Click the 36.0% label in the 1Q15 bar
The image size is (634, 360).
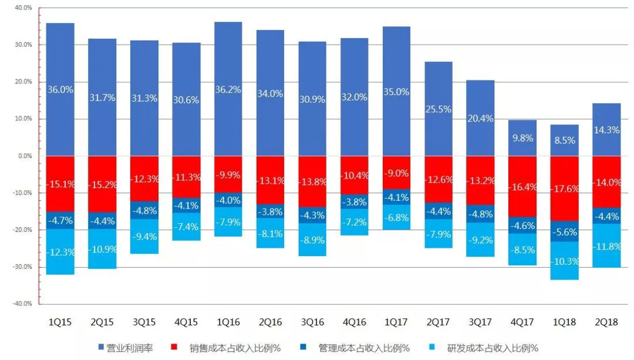(x=60, y=90)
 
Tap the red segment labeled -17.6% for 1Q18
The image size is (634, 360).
(x=564, y=189)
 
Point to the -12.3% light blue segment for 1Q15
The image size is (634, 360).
(x=60, y=253)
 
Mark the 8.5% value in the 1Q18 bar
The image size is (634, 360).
(x=564, y=140)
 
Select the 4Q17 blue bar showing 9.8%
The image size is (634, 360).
(x=522, y=139)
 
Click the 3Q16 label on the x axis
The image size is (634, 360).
(x=312, y=322)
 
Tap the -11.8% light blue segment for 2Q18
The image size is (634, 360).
(x=606, y=246)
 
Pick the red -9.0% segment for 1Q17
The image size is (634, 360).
(x=396, y=173)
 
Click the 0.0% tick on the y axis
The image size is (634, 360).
(x=25, y=156)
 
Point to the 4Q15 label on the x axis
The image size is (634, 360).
(x=186, y=322)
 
